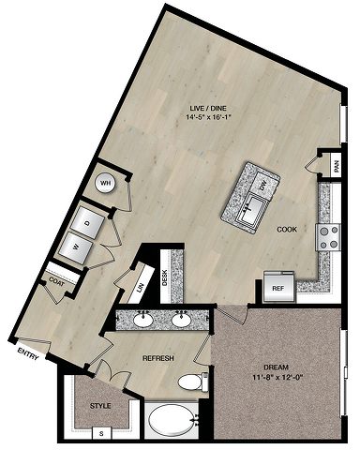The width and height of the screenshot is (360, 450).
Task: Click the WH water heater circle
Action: [x=105, y=183]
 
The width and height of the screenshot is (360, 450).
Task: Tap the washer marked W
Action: [x=76, y=247]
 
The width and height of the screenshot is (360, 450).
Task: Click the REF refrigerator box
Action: [x=278, y=288]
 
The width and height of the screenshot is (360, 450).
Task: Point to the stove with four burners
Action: [x=328, y=237]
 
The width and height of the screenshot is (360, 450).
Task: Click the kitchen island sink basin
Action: [x=252, y=210]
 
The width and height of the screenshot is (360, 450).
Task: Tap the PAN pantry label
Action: [x=337, y=167]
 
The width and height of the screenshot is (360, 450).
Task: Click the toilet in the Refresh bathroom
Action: [x=193, y=382]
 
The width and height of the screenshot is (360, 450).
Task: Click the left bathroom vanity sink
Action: [x=143, y=321]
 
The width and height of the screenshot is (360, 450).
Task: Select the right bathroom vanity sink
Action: [x=181, y=321]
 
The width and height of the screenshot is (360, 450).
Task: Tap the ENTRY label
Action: [x=28, y=353]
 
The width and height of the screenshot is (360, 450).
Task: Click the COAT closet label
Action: [x=57, y=282]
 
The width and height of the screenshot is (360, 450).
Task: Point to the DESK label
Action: [x=165, y=277]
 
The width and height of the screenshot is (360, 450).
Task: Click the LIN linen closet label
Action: [x=141, y=287]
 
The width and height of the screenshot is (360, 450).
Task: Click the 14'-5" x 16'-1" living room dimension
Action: [x=208, y=117]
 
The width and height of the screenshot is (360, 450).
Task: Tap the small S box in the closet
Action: [x=101, y=434]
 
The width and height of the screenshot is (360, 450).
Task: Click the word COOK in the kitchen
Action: [x=287, y=230]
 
